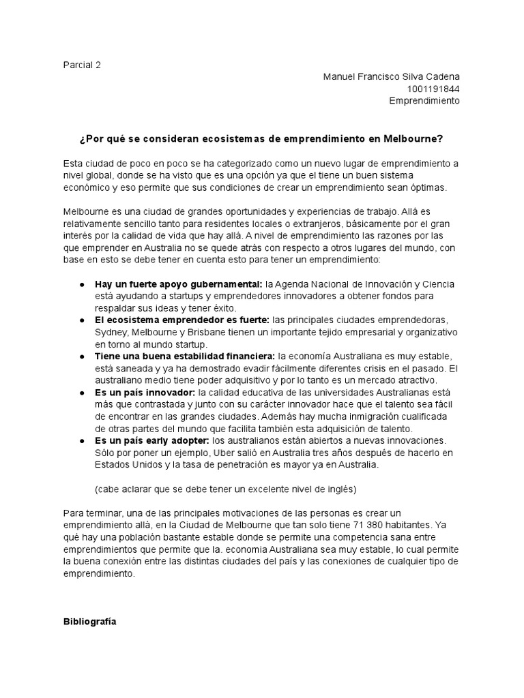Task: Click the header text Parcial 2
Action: [x=81, y=65]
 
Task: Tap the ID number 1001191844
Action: [x=433, y=89]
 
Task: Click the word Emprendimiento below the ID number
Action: [x=424, y=101]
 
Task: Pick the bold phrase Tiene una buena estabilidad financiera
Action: [x=185, y=356]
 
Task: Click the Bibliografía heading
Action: [x=89, y=622]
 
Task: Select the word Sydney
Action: [x=111, y=332]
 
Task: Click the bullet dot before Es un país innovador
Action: [x=82, y=393]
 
